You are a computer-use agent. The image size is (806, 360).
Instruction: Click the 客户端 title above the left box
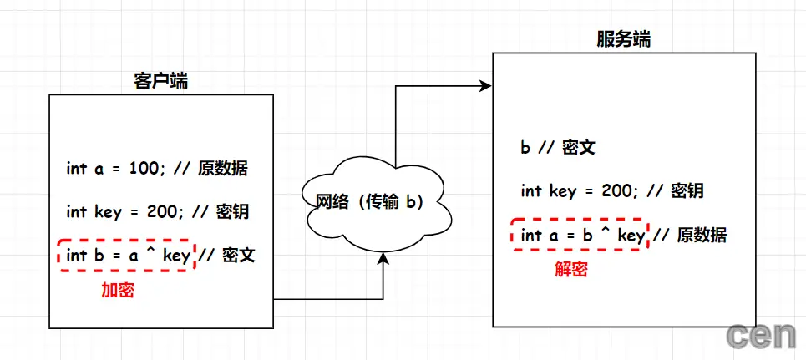(x=160, y=81)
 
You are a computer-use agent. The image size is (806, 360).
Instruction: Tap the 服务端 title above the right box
(x=624, y=39)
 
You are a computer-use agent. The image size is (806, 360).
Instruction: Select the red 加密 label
(x=118, y=291)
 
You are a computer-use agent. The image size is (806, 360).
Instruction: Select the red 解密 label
(x=571, y=270)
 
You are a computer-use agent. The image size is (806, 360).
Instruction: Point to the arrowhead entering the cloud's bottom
(x=383, y=259)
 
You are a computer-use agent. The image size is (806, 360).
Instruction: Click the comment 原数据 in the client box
(x=223, y=169)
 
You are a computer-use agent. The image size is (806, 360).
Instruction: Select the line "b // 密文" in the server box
(x=557, y=149)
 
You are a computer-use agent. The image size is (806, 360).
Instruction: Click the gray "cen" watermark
(x=761, y=336)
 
